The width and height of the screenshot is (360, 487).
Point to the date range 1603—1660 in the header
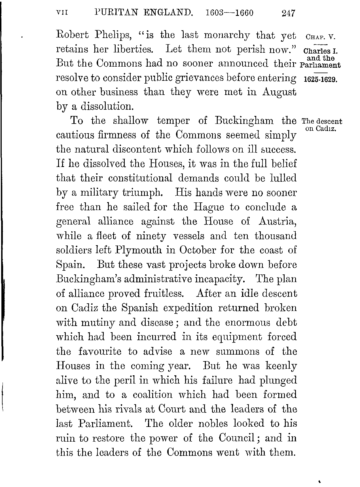[x=230, y=13]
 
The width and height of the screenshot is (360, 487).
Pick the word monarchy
[x=227, y=36]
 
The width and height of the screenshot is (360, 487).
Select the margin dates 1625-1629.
[x=320, y=80]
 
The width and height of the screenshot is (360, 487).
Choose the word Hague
[x=209, y=207]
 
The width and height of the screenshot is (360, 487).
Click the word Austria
[x=278, y=221]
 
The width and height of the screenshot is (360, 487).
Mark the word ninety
[x=151, y=236]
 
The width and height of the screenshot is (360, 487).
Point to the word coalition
[x=152, y=395]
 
